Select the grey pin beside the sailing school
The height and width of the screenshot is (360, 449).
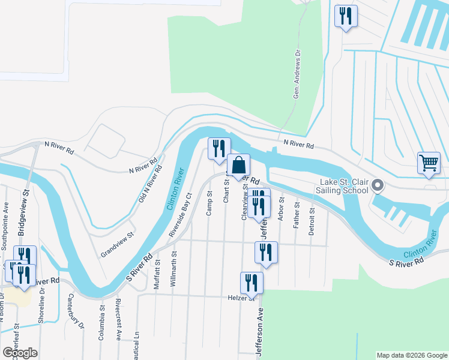pos(378,185)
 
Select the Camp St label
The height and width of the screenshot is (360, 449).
pos(209,203)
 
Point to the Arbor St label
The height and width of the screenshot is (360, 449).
pos(281,210)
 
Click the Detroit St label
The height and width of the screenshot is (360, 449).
pos(312,220)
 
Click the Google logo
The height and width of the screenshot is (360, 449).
pos(20,352)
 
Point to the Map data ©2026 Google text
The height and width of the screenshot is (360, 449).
pos(411,355)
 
